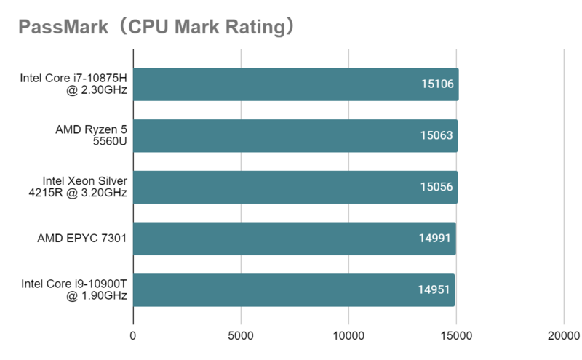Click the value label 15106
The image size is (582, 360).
[x=437, y=84]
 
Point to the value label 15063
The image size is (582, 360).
[x=437, y=136]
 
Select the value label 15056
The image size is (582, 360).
[x=437, y=187]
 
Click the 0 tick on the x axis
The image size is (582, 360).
[x=133, y=335]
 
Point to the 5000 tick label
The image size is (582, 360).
[x=241, y=335]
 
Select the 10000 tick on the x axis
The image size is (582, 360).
[x=348, y=335]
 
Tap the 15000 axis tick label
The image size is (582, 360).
[x=456, y=335]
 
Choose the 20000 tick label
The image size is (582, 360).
[x=564, y=335]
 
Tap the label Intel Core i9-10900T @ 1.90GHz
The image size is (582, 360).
[x=74, y=290]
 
